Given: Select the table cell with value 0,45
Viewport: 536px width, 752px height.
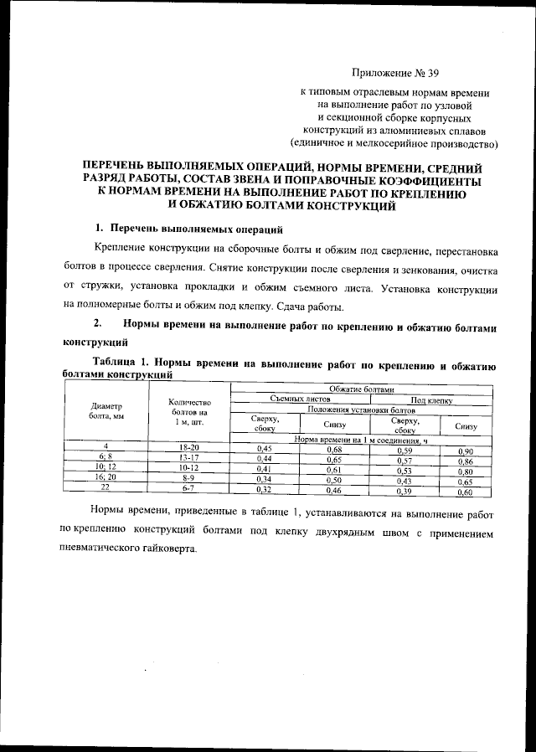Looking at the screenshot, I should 265,451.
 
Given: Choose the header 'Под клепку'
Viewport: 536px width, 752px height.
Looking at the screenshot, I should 430,400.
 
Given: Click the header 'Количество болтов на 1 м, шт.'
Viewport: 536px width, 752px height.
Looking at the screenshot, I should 188,410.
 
